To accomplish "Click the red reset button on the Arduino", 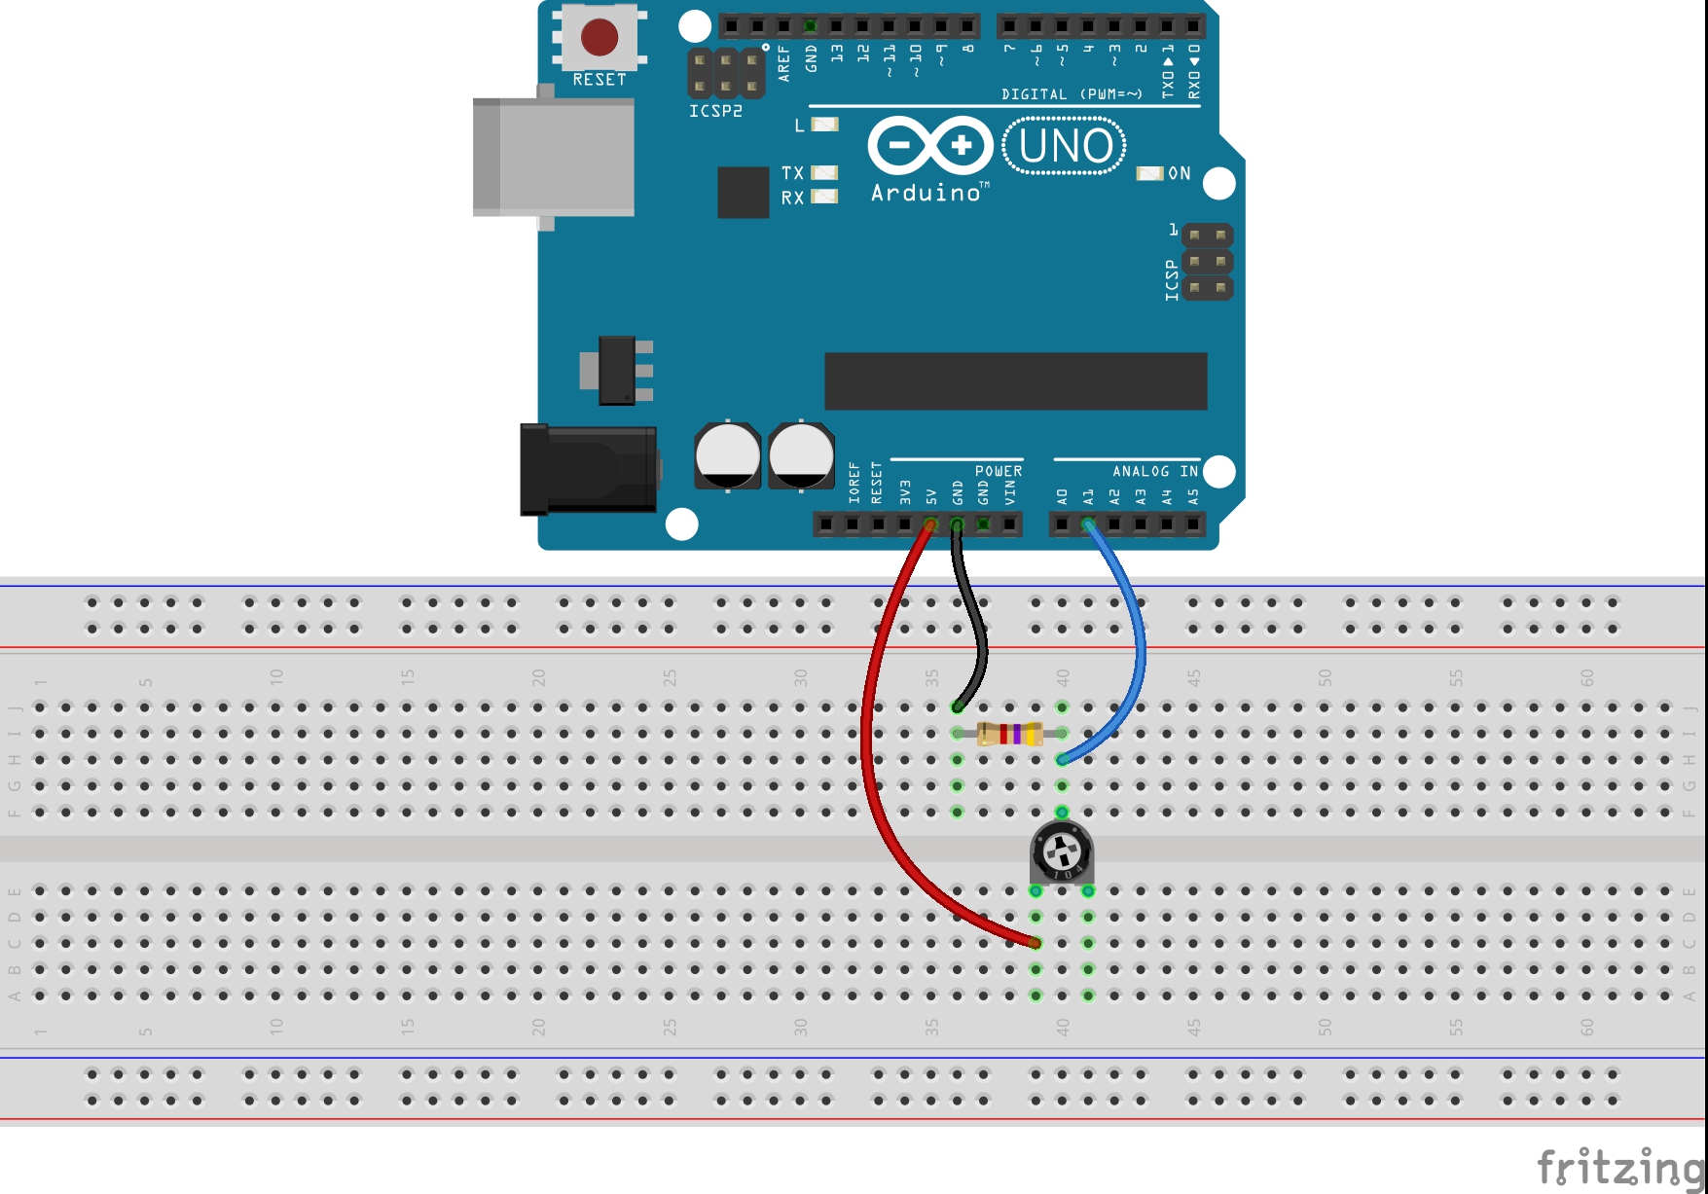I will pyautogui.click(x=599, y=37).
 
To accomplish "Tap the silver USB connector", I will pyautogui.click(x=553, y=157).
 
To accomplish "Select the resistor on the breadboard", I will pyautogui.click(x=1010, y=733).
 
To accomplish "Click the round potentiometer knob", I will pyautogui.click(x=1062, y=852).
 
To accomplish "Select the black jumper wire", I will pyautogui.click(x=975, y=623).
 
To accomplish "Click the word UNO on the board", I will pyautogui.click(x=1065, y=146).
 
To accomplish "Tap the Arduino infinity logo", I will pyautogui.click(x=930, y=146).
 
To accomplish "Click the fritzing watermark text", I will pyautogui.click(x=1619, y=1166).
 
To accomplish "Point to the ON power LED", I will pyautogui.click(x=1149, y=173).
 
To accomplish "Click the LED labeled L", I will pyautogui.click(x=824, y=125).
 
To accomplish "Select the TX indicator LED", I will pyautogui.click(x=824, y=172).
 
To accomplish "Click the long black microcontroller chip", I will pyautogui.click(x=1015, y=380).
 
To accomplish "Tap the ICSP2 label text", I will pyautogui.click(x=715, y=111).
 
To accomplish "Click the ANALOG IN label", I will pyautogui.click(x=1155, y=471).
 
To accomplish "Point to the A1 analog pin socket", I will pyautogui.click(x=1088, y=525).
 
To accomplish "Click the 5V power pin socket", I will pyautogui.click(x=930, y=525).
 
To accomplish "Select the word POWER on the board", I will pyautogui.click(x=999, y=471).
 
